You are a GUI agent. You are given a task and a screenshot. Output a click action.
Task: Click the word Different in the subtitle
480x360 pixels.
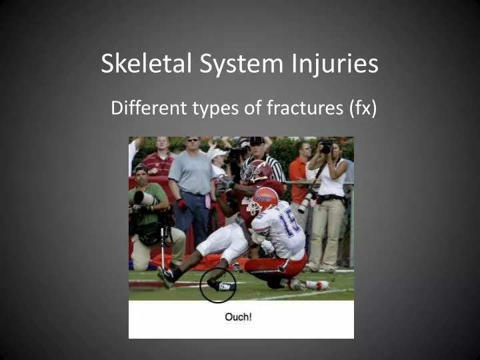click(x=144, y=107)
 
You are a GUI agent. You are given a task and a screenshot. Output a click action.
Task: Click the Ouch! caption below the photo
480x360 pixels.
click(x=238, y=317)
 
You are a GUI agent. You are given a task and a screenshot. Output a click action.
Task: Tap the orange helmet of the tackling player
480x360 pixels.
click(x=265, y=199)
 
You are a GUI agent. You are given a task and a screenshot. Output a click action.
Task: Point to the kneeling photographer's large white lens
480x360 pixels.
click(x=145, y=198)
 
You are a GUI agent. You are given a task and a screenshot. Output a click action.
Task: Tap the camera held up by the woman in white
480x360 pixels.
click(x=325, y=147)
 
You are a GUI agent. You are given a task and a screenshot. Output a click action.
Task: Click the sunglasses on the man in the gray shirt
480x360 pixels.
click(x=193, y=141)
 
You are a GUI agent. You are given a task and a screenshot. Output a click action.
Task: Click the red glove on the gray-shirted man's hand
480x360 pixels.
click(x=181, y=205)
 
